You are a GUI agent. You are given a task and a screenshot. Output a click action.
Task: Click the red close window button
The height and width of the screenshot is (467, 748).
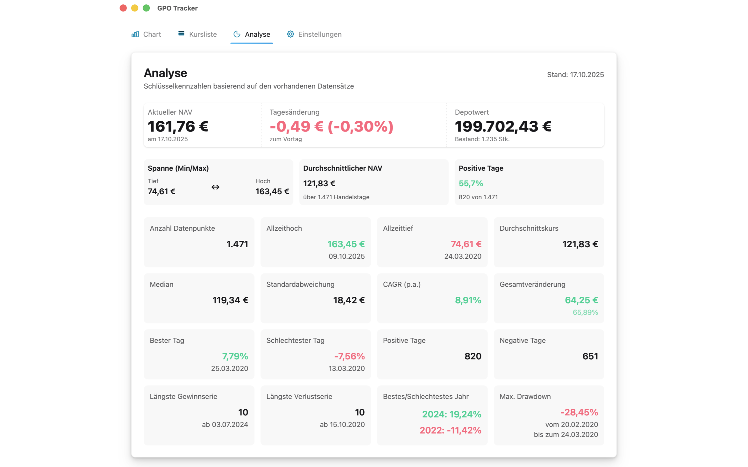click(123, 8)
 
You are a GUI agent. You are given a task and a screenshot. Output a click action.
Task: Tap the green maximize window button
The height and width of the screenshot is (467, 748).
click(146, 8)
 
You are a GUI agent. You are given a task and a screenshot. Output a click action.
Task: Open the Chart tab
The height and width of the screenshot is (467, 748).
click(146, 34)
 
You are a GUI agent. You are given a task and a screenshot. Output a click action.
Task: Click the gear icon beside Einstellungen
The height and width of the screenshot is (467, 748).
click(290, 34)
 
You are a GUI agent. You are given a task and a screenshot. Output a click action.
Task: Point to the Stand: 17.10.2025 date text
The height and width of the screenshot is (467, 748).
click(575, 75)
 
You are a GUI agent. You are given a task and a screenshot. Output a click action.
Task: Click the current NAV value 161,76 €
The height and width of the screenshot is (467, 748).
click(178, 126)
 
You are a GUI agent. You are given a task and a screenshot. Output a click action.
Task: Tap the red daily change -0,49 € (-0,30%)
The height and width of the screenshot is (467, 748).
click(331, 126)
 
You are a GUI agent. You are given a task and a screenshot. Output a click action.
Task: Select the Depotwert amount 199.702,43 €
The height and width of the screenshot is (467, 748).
click(503, 126)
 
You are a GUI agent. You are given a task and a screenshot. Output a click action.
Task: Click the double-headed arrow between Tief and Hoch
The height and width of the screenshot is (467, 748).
click(215, 187)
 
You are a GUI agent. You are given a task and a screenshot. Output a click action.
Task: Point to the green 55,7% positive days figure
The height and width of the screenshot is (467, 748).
click(470, 183)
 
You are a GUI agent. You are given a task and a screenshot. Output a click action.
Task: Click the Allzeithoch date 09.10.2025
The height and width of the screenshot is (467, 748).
click(346, 256)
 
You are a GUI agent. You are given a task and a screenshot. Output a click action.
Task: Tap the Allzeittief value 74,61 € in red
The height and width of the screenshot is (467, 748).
click(466, 244)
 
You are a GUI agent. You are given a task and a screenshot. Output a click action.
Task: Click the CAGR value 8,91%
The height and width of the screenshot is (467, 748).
click(468, 300)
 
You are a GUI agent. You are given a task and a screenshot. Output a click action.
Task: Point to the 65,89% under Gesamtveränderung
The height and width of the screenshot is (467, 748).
click(585, 312)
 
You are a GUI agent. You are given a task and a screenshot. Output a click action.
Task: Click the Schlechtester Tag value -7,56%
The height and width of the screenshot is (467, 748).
click(349, 356)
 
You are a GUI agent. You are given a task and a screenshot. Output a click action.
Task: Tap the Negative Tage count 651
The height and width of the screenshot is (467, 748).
click(590, 356)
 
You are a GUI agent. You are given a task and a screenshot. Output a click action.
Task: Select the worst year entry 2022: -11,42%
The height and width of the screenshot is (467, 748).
click(450, 430)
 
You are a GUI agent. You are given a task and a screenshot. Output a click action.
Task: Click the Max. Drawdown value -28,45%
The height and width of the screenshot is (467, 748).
click(579, 412)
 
